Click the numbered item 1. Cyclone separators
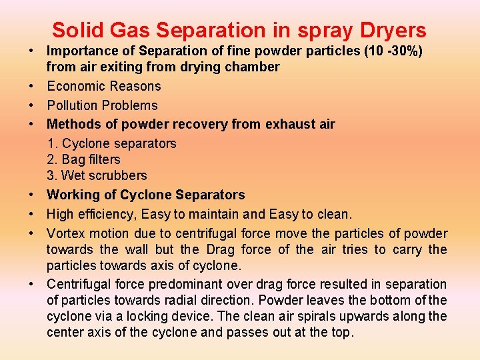[111, 143]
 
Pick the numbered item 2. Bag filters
[83, 159]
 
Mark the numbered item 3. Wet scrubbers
[97, 175]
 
